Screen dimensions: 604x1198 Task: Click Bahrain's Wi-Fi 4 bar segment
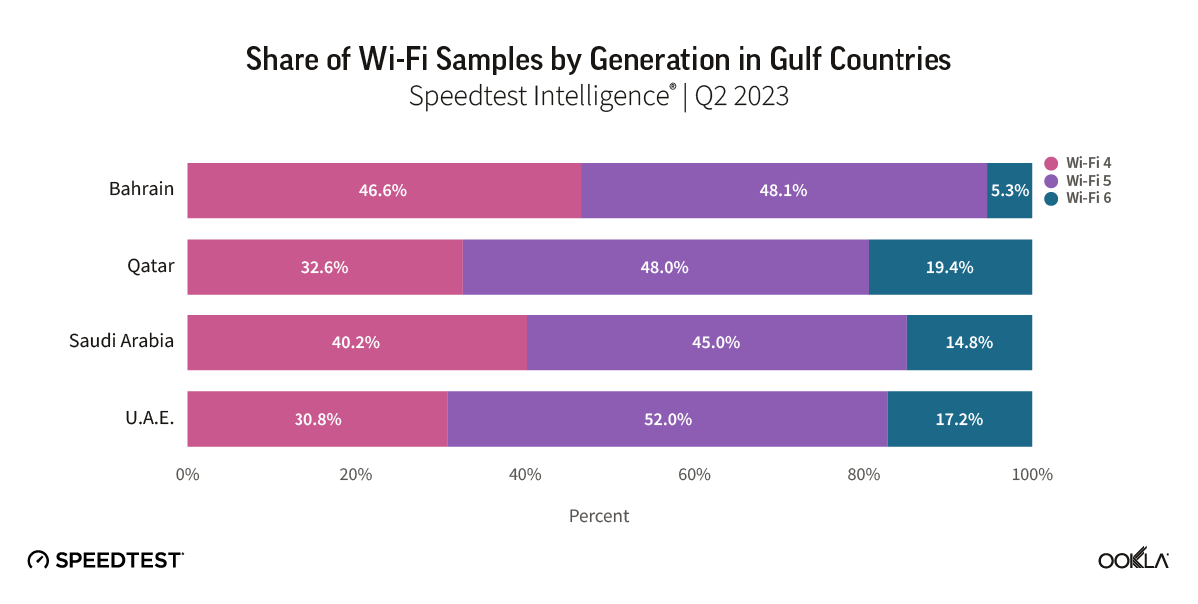tap(383, 190)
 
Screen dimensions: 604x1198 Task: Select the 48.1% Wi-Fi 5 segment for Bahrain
tap(784, 190)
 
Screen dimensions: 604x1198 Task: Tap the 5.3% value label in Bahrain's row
tap(1010, 190)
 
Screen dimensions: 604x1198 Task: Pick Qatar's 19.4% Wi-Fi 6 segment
tap(949, 267)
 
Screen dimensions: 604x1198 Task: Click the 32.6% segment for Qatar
tap(324, 267)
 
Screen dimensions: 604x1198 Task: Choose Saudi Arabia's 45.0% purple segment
tap(716, 342)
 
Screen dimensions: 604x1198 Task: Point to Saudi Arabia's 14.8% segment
tap(969, 342)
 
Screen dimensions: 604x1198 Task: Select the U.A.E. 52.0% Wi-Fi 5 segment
tap(667, 419)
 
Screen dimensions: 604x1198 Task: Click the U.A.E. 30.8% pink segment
tap(317, 419)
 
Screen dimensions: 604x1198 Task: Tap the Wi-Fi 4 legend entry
tap(1077, 163)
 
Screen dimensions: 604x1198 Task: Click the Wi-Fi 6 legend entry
tap(1077, 198)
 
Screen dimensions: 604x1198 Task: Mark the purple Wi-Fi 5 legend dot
tap(1050, 181)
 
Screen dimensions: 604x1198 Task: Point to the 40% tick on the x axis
tap(525, 474)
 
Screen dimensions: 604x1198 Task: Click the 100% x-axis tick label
tap(1032, 474)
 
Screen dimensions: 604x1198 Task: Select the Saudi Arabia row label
tap(121, 340)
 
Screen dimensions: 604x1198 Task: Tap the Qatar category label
tap(151, 265)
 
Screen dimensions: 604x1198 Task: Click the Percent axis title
tap(599, 516)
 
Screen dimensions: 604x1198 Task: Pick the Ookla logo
tap(1133, 560)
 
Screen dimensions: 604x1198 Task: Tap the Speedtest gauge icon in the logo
tap(38, 560)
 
